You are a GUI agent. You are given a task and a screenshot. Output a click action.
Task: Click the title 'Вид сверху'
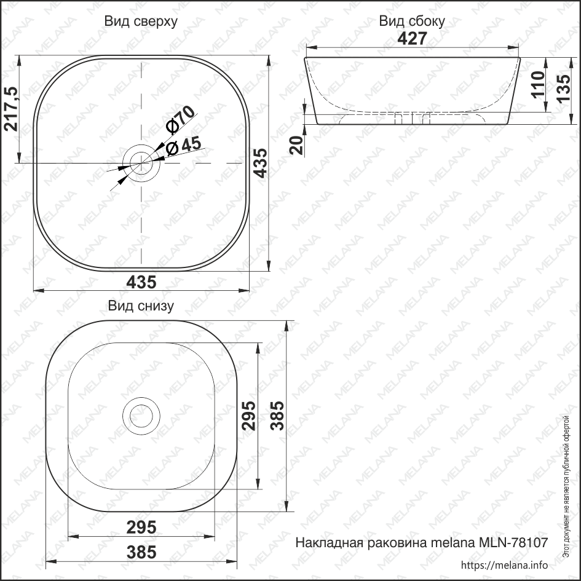[x=141, y=22]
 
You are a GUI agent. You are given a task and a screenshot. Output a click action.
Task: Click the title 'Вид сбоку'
[x=411, y=22]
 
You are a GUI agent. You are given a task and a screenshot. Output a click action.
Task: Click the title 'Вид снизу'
[x=141, y=306]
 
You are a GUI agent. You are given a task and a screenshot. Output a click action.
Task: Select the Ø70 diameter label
[x=180, y=119]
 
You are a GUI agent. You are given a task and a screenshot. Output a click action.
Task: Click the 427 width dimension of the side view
[x=411, y=39]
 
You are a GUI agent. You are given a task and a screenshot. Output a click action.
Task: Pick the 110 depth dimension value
[x=537, y=85]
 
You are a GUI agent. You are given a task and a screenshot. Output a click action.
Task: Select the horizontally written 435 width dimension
[x=141, y=282]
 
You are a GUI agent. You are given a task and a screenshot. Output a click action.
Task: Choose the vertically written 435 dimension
[x=261, y=163]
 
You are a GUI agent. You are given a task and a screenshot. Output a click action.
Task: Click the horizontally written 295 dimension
[x=141, y=528]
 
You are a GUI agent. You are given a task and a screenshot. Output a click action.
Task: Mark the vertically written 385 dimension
[x=277, y=416]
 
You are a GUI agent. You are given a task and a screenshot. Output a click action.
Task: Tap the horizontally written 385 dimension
[x=141, y=552]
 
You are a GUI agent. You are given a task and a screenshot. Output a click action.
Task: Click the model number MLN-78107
[x=508, y=543]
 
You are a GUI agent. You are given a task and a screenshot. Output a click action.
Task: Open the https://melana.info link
[x=504, y=566]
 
